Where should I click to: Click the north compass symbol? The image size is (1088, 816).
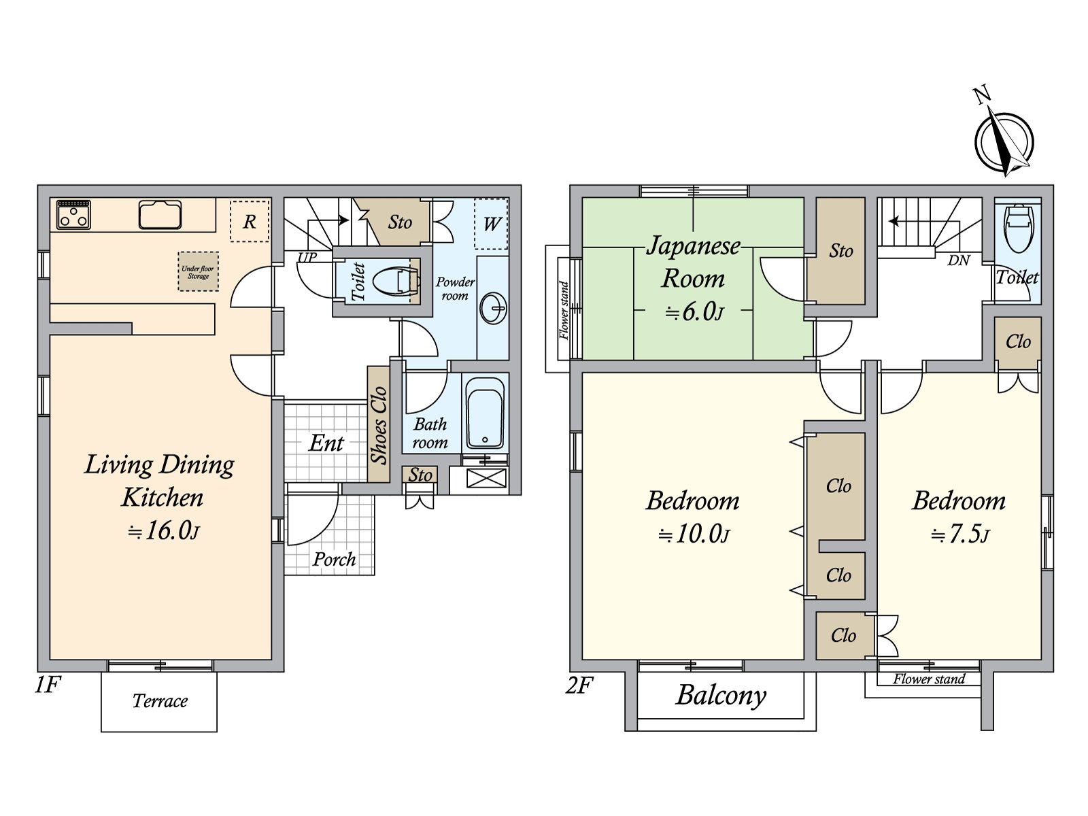[x=1003, y=141]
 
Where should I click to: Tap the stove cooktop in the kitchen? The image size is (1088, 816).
[x=73, y=214]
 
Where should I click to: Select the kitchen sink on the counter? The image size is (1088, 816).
[x=160, y=214]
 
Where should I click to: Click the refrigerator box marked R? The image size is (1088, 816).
[x=250, y=221]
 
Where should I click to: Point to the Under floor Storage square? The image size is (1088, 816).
[x=199, y=271]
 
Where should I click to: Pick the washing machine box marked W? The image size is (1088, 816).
[x=491, y=224]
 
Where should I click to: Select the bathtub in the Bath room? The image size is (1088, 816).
[x=486, y=413]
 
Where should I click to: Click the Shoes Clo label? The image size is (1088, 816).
[x=379, y=424]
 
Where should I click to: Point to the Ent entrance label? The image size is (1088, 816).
[x=326, y=443]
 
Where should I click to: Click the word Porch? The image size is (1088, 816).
[x=334, y=560]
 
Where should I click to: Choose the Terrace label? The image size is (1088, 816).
[x=160, y=700]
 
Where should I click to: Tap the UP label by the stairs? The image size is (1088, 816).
[x=307, y=256]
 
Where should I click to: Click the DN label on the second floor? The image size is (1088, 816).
[x=958, y=260]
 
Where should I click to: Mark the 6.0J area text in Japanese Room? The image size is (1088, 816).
[x=694, y=312]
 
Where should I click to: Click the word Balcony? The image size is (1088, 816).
[x=721, y=696]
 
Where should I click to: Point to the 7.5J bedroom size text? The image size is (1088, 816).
[x=959, y=534]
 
